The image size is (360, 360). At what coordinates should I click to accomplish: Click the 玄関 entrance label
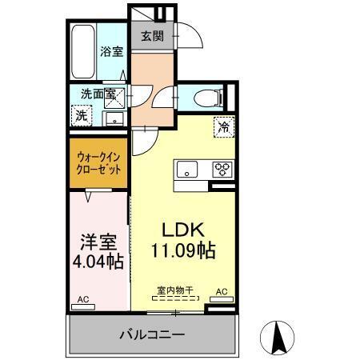[x=153, y=35]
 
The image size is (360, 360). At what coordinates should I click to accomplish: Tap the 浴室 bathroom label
[x=110, y=52]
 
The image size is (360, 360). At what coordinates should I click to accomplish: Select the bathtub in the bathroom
[x=82, y=51]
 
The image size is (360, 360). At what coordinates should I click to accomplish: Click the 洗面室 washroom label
[x=97, y=94]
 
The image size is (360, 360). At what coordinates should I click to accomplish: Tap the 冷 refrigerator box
[x=224, y=126]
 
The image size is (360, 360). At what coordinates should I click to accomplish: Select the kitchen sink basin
[x=186, y=169]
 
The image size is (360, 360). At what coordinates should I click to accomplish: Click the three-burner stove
[x=221, y=169]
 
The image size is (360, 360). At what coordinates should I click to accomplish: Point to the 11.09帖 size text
[x=183, y=250]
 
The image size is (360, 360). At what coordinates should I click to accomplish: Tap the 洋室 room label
[x=96, y=240]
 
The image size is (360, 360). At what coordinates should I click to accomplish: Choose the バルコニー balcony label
[x=153, y=334]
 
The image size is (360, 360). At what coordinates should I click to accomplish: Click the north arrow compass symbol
[x=281, y=337]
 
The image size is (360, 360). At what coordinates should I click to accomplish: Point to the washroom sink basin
[x=114, y=120]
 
